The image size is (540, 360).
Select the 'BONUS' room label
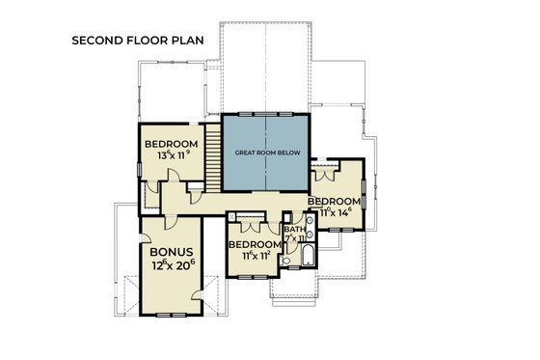pos(173,249)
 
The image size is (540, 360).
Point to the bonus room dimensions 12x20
pos(173,264)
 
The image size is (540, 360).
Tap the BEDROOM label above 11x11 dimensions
pos(254,245)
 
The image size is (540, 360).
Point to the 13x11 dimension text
pos(172,158)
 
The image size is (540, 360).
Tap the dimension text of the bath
pos(294,237)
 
